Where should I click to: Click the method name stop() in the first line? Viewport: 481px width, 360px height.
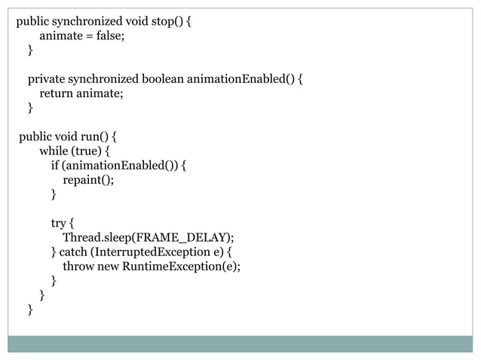[165, 21]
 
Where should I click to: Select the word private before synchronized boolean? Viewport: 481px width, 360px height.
[47, 79]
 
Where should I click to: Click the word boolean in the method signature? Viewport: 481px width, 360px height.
[161, 79]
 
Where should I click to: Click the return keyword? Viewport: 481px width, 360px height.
[56, 93]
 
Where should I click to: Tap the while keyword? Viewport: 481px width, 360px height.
[54, 151]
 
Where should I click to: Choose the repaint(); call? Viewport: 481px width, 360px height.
[88, 180]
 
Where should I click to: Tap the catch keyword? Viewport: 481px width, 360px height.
[72, 252]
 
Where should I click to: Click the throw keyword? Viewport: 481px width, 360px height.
[78, 267]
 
